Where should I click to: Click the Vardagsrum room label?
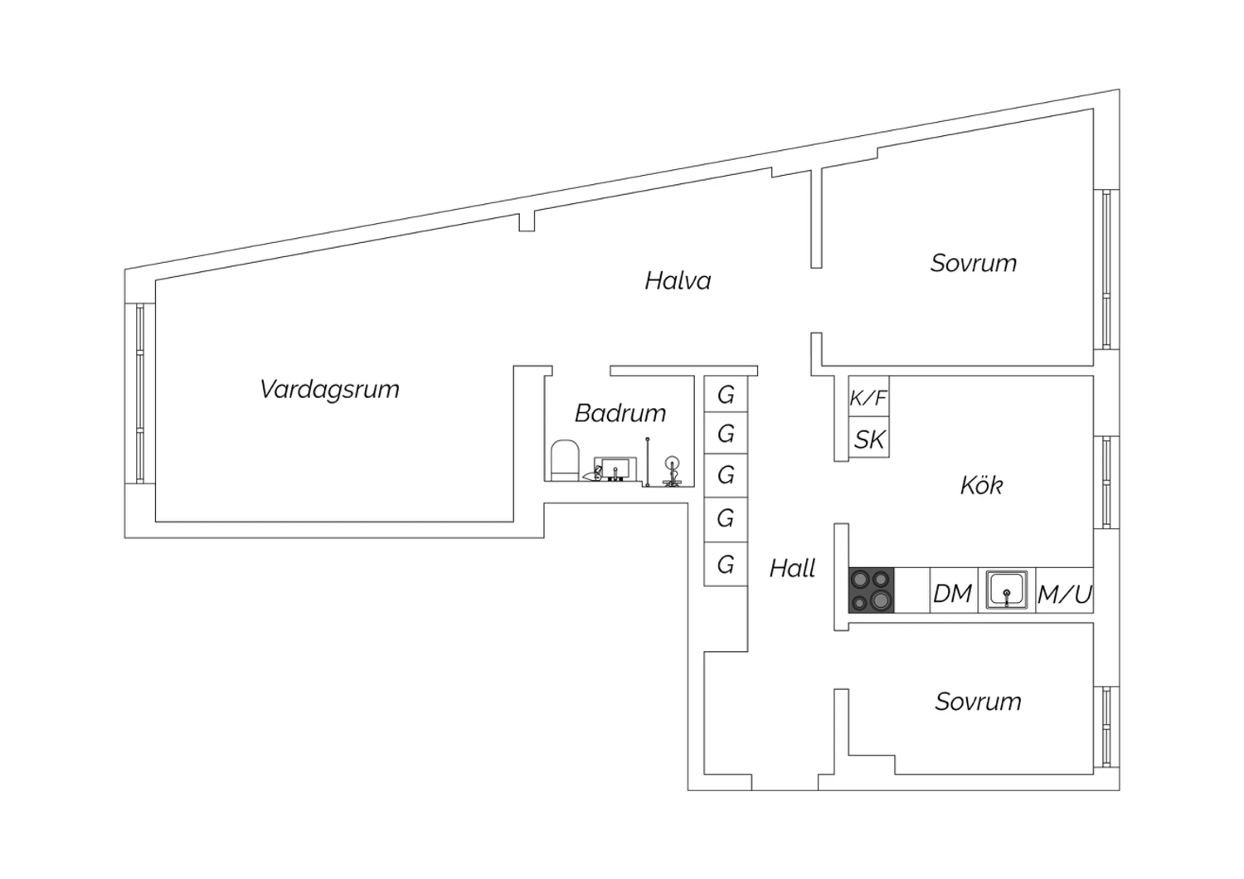[329, 389]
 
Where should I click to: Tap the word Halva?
[678, 280]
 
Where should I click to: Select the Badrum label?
[620, 413]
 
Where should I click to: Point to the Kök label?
[981, 485]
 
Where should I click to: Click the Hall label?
[792, 568]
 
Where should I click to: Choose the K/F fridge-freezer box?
[868, 396]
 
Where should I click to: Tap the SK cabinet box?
[868, 438]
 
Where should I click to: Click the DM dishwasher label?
[952, 594]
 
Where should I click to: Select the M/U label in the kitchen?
[1065, 594]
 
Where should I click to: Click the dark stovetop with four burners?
[872, 590]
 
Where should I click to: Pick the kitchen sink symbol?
[1006, 590]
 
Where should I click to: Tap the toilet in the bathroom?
[565, 460]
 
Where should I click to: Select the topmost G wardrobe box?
[726, 394]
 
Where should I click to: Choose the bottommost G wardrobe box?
[726, 565]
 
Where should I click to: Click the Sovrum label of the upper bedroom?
[974, 263]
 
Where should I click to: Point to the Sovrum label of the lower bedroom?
[978, 702]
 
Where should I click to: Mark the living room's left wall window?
[139, 392]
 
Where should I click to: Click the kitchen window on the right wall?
[1106, 482]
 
